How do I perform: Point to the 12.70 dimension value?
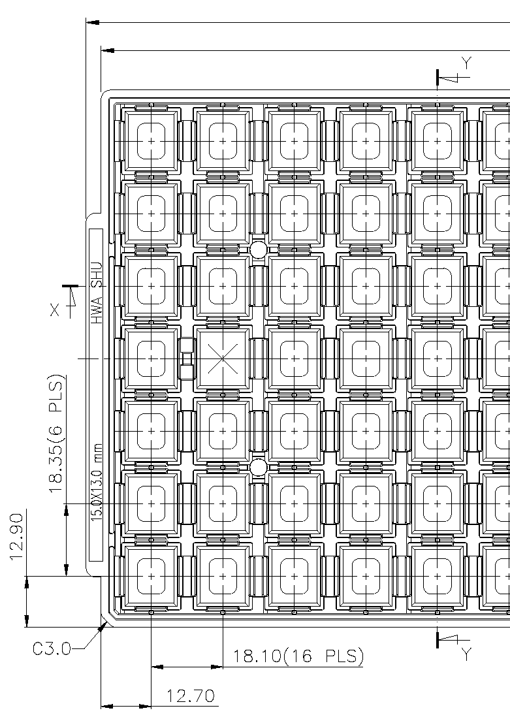(191, 696)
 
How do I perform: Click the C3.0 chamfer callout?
(52, 649)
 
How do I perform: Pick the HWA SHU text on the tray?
(97, 293)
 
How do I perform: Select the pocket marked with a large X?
(223, 358)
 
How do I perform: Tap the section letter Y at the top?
(466, 63)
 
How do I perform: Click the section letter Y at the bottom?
(466, 654)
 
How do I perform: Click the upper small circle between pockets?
(259, 250)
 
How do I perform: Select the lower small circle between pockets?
(259, 467)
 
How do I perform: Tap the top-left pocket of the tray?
(151, 141)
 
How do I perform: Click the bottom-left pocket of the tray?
(151, 576)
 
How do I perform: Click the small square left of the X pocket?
(187, 358)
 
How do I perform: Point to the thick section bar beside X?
(69, 286)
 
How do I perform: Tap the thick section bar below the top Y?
(438, 77)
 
